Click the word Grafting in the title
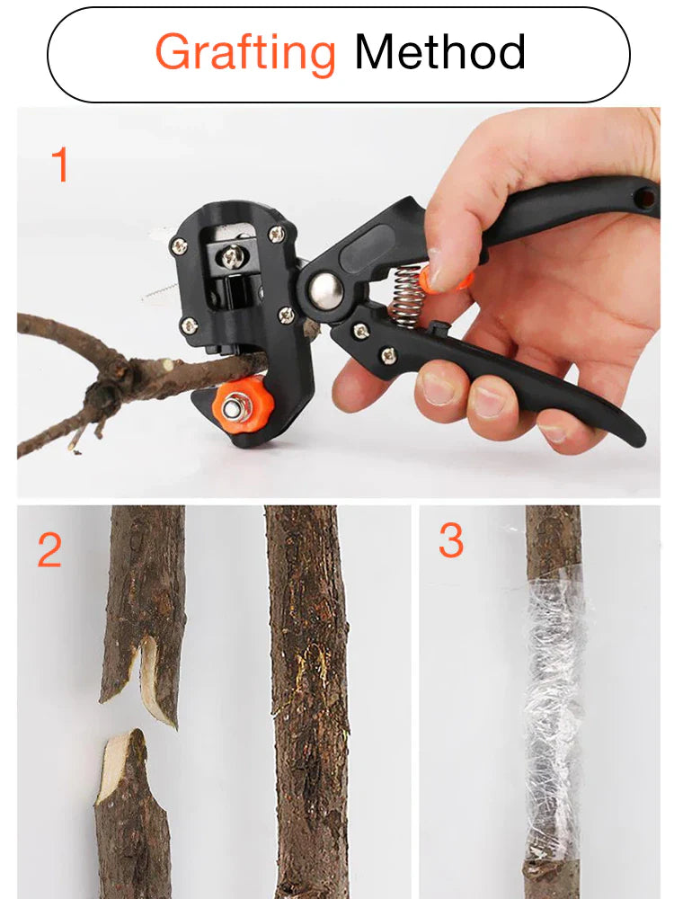click(x=245, y=52)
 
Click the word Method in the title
click(x=439, y=52)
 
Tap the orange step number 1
click(x=59, y=166)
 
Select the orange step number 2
click(x=49, y=549)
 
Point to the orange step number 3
click(x=451, y=540)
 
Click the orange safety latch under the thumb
click(x=449, y=280)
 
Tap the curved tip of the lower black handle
click(x=633, y=436)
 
